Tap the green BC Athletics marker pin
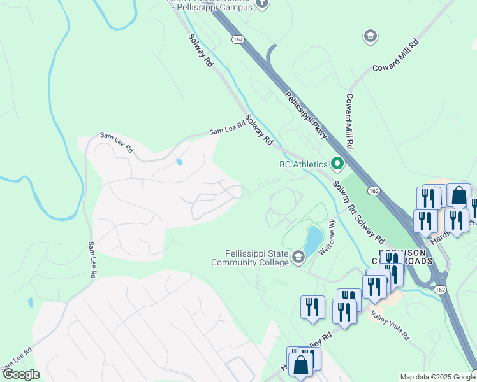coord(337,164)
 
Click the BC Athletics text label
coord(304,164)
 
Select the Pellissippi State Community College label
coord(251,258)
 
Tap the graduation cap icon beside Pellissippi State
coord(298,258)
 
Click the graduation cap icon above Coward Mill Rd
coord(369,36)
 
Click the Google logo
coord(21,374)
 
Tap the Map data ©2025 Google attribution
coord(437,377)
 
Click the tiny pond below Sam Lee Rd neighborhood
coord(179,162)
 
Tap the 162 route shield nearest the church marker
coord(238,39)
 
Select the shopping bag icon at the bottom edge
coord(301,365)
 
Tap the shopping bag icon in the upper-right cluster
coord(459,196)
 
